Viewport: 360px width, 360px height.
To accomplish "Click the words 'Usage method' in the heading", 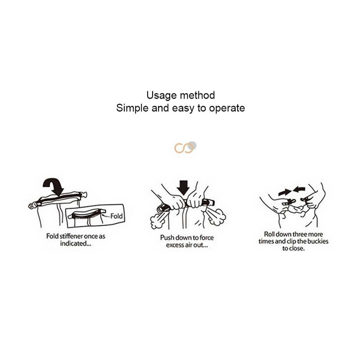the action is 181,95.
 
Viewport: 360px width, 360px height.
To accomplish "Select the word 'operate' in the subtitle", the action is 227,108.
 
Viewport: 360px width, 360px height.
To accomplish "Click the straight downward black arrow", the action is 183,188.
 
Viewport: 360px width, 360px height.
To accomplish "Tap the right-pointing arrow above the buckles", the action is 284,192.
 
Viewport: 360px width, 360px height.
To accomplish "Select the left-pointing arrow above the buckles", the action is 299,190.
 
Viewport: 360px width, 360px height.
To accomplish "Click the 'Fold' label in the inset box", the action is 117,216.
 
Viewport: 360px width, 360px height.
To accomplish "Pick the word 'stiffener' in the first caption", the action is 71,236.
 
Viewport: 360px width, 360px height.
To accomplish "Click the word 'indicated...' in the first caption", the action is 76,243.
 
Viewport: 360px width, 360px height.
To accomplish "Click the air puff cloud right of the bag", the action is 218,217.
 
